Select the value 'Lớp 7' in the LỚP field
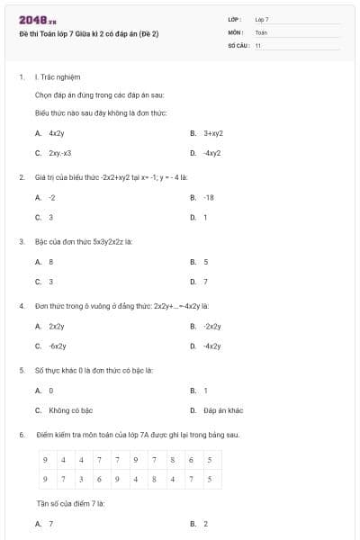[262, 19]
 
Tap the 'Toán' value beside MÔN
[261, 31]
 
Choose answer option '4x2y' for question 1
[57, 132]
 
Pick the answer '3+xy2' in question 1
[212, 132]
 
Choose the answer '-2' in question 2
[52, 197]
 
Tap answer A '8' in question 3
[51, 262]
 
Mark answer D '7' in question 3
[205, 282]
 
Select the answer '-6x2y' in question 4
[57, 346]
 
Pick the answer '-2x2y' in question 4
[212, 326]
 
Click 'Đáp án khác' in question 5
[223, 410]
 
